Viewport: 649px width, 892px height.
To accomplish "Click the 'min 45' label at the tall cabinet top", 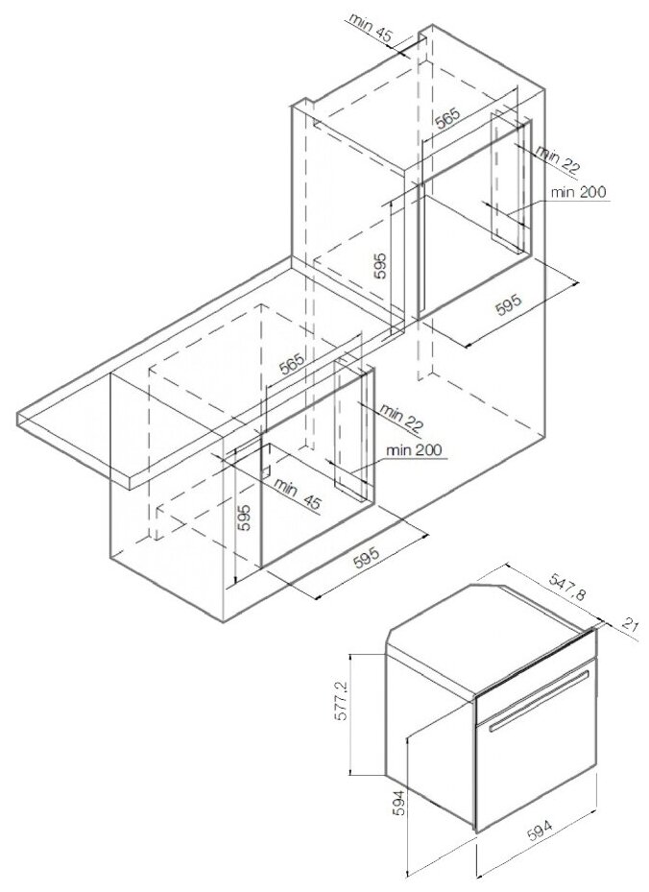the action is tap(370, 27).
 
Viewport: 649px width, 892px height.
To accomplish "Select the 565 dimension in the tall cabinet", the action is tap(447, 118).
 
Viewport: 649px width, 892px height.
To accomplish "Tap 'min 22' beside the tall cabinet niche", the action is tap(559, 160).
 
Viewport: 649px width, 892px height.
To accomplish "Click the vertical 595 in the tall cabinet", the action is tap(380, 265).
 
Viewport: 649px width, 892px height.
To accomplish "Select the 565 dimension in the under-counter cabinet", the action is tap(292, 364).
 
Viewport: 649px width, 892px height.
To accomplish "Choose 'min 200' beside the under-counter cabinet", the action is tap(414, 450).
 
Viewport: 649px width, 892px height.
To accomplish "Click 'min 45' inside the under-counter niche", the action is tap(298, 494).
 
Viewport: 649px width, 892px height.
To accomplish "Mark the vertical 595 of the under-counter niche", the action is tap(244, 518).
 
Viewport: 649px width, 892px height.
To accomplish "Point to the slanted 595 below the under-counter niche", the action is tap(366, 558).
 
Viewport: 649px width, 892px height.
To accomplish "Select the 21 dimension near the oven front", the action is tap(629, 625).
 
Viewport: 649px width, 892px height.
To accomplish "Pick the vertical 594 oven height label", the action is tap(400, 803).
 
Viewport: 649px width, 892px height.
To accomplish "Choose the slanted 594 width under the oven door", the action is tap(540, 832).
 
